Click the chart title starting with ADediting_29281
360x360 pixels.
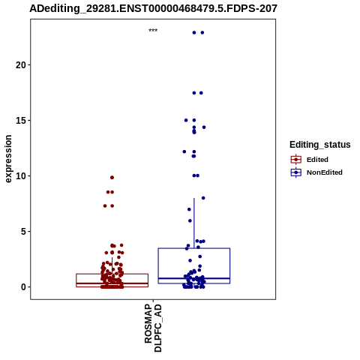coord(153,9)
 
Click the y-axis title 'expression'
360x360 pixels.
coord(8,159)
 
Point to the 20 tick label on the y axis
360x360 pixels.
coord(21,65)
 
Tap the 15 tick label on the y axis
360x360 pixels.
coord(21,121)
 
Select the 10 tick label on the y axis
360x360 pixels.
coord(21,176)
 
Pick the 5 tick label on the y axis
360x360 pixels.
coord(23,232)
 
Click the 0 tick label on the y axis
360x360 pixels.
coord(23,287)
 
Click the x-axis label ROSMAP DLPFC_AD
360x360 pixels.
coord(153,328)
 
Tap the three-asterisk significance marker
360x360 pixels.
coord(153,30)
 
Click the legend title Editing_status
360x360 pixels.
coord(320,145)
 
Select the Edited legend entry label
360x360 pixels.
coord(317,160)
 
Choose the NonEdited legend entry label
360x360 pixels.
coord(325,172)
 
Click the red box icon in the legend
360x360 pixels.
coord(296,159)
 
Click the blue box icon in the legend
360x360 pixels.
coord(296,172)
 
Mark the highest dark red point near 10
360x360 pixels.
coord(112,178)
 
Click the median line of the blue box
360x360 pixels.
coord(194,278)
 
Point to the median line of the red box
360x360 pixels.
coord(112,283)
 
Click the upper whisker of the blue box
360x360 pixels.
coord(194,223)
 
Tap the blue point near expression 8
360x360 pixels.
coord(203,198)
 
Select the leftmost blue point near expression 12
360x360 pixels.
coord(184,151)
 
